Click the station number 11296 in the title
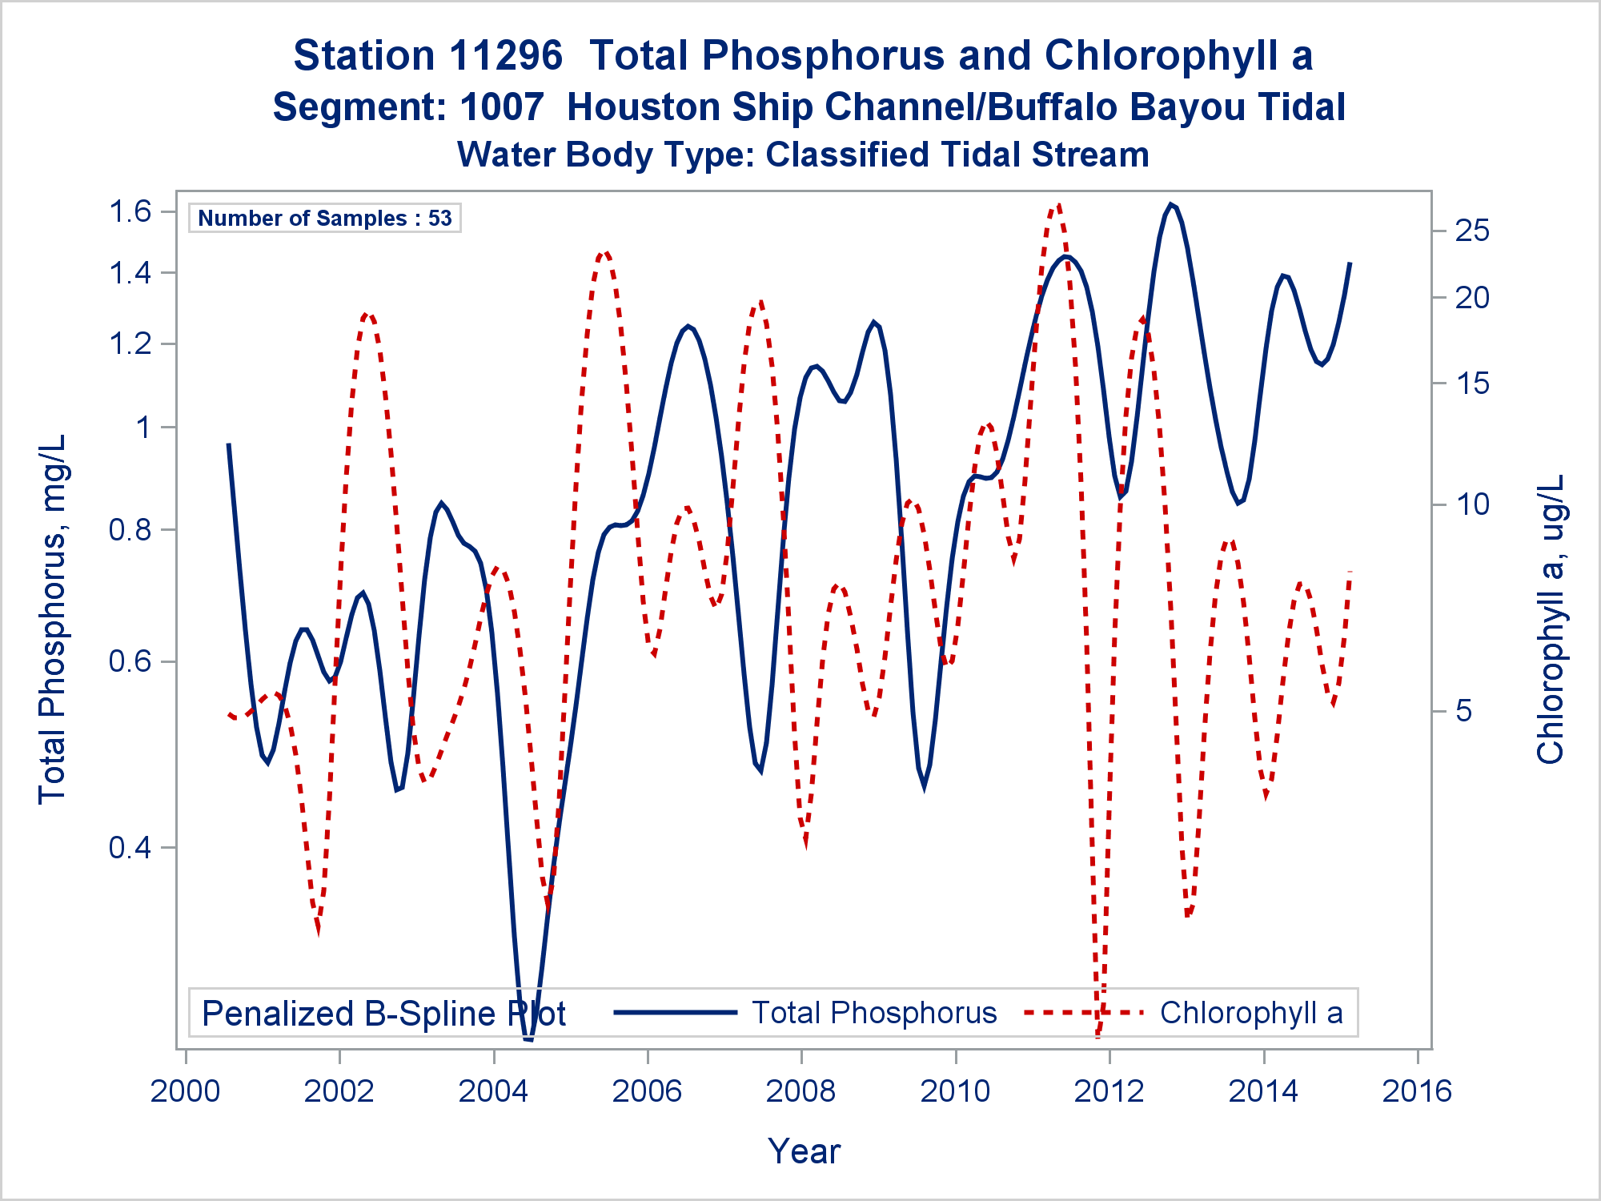pyautogui.click(x=506, y=56)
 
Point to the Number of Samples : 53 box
pyautogui.click(x=325, y=218)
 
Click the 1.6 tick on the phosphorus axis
pyautogui.click(x=130, y=211)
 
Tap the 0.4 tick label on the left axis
pyautogui.click(x=130, y=847)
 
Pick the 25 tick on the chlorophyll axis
pyautogui.click(x=1472, y=231)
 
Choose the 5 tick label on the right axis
pyautogui.click(x=1464, y=711)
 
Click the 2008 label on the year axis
pyautogui.click(x=800, y=1091)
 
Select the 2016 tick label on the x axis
pyautogui.click(x=1417, y=1091)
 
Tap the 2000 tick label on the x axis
pyautogui.click(x=185, y=1091)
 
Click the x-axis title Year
pyautogui.click(x=804, y=1151)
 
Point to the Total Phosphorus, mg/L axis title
pyautogui.click(x=53, y=619)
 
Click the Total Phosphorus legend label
pyautogui.click(x=874, y=1013)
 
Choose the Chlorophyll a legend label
pyautogui.click(x=1251, y=1013)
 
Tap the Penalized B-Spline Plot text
pyautogui.click(x=384, y=1014)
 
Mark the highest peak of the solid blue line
pyautogui.click(x=1171, y=205)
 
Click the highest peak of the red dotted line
pyautogui.click(x=1059, y=206)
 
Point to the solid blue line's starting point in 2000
pyautogui.click(x=229, y=444)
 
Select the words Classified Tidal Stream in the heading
pyautogui.click(x=957, y=155)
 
